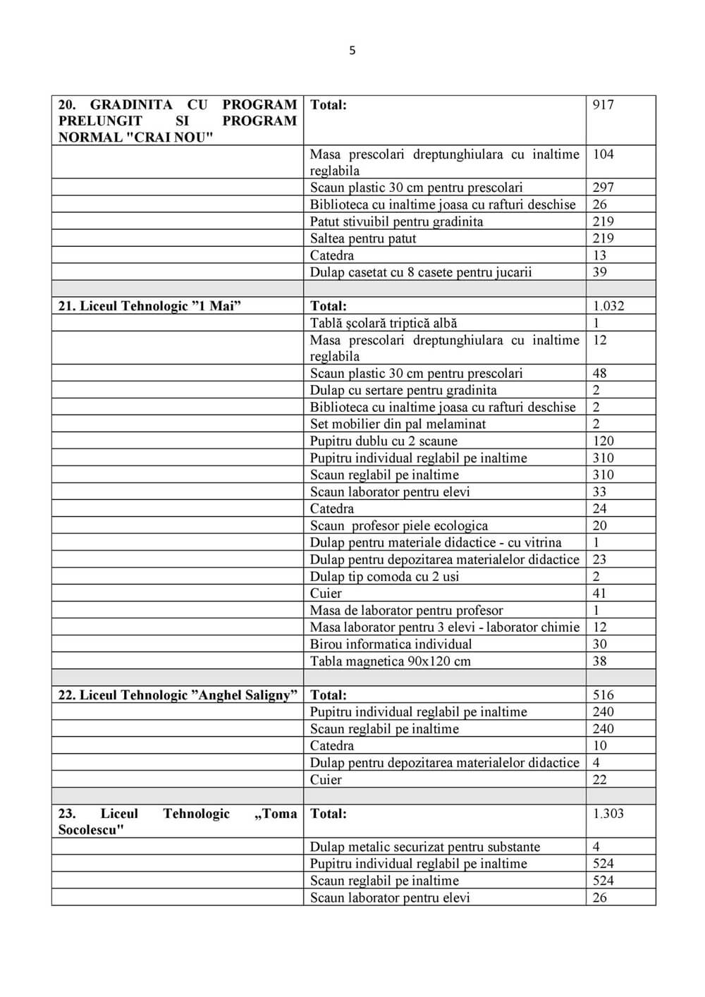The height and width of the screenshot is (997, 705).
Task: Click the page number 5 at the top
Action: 352,50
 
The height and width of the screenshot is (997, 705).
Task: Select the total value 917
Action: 603,105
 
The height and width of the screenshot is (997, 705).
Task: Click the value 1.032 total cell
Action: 608,306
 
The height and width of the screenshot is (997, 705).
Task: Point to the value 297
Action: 603,188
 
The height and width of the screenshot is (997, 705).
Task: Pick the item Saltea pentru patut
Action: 362,238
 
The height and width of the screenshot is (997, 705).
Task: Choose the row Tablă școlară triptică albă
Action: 384,323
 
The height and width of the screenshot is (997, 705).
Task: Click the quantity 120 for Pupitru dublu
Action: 603,441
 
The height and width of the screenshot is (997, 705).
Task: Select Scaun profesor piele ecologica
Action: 398,526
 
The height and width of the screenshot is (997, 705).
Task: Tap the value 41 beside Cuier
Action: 599,594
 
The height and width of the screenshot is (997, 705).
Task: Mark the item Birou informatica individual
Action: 391,644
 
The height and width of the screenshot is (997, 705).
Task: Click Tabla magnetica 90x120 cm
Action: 390,661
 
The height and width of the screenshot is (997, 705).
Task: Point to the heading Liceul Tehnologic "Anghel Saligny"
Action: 178,695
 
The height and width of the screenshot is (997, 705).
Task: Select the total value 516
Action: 603,695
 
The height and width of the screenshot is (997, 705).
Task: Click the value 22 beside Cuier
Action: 599,780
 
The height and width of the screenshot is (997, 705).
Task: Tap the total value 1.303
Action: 608,814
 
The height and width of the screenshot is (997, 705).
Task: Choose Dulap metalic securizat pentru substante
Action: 424,847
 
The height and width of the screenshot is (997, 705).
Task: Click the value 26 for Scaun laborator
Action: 599,898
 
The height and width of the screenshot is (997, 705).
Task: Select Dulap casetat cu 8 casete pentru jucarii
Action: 420,272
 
